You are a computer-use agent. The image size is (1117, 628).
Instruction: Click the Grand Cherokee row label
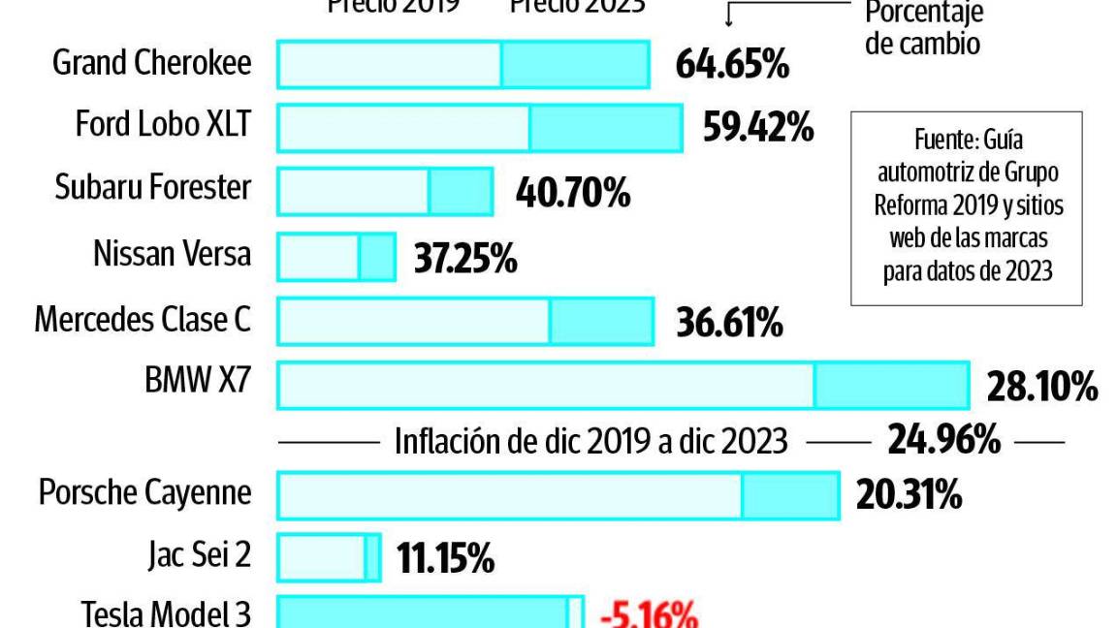(151, 64)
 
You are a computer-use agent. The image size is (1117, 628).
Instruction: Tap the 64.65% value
(732, 65)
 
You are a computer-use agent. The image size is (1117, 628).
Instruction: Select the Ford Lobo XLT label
(163, 125)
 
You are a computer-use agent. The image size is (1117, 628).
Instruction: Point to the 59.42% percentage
(757, 128)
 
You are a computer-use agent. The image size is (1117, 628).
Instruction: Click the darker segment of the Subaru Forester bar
(461, 191)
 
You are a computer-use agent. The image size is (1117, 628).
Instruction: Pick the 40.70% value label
(573, 193)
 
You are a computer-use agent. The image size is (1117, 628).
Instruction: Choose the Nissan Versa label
(172, 254)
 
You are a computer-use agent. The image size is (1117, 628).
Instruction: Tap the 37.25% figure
(465, 258)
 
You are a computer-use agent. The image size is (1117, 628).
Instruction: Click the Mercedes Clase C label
(143, 319)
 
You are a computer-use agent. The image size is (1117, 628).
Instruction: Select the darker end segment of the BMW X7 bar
(891, 386)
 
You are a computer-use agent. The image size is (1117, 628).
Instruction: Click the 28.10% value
(1042, 388)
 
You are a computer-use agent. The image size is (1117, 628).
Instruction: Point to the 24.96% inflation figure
(943, 441)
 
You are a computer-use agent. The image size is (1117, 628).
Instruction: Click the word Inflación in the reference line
(447, 442)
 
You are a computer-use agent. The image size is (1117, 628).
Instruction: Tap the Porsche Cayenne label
(144, 492)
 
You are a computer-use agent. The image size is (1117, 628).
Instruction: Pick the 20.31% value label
(909, 496)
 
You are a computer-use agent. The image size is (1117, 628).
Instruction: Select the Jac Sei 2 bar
(329, 558)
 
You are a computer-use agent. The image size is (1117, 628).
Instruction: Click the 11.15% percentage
(445, 559)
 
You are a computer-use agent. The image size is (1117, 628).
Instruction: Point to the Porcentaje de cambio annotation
(923, 27)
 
